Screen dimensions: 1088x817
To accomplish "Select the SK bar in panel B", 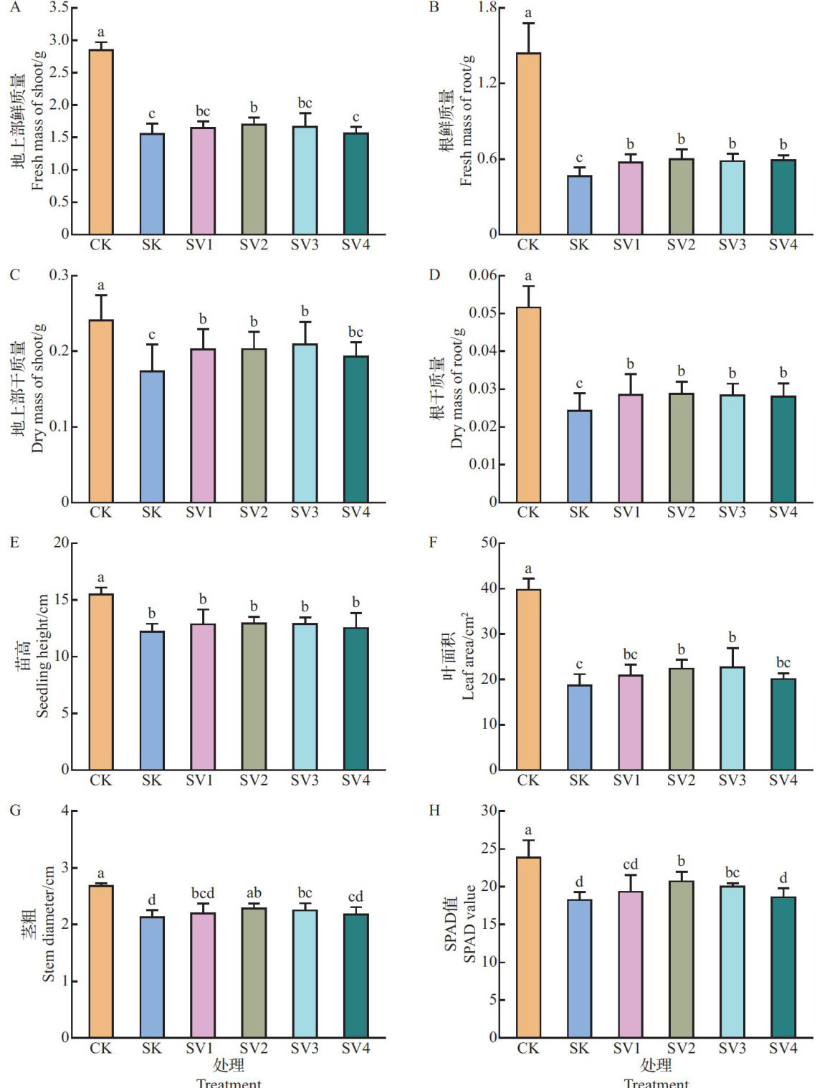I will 579,205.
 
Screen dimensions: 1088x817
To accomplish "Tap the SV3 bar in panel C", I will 305,423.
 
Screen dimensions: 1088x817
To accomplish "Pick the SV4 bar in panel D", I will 783,449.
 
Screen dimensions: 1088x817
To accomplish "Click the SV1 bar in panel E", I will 203,697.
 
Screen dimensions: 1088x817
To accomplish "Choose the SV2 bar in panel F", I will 681,719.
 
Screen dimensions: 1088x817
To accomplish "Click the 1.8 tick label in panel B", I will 487,8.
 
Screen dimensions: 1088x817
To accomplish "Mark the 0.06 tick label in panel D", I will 483,275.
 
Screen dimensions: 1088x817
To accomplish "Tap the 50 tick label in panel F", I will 489,543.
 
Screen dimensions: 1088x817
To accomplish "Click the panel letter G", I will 15,811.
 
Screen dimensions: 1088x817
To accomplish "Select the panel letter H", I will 434,811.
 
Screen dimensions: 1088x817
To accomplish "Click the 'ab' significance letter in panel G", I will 254,893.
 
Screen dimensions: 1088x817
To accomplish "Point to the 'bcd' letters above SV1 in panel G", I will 203,893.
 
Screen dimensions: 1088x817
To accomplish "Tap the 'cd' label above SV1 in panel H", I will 630,864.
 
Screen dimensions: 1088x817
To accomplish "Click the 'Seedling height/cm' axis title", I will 42,656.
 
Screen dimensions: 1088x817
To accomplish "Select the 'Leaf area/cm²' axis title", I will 467,656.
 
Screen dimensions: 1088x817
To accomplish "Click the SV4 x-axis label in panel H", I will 783,1048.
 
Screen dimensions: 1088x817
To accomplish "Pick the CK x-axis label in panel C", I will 101,512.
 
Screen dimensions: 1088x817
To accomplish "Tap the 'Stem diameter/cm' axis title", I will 48,924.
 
